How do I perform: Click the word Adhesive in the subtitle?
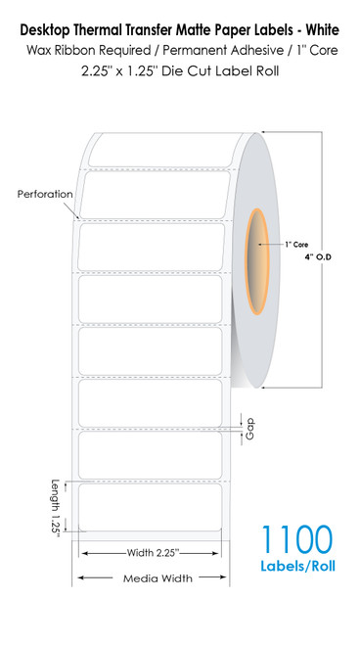point(255,33)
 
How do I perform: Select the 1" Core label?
point(295,243)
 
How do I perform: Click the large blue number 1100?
point(296,539)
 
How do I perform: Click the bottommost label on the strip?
point(151,509)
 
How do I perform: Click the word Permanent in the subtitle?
point(187,33)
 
